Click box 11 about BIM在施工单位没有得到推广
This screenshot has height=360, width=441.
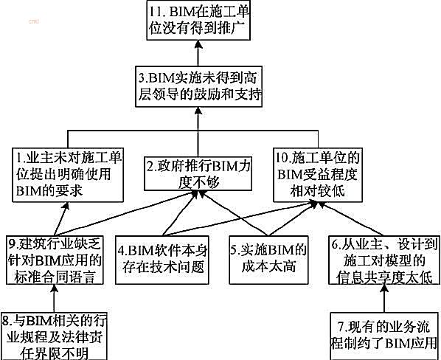click(x=198, y=20)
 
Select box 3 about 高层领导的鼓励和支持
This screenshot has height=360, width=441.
click(x=199, y=86)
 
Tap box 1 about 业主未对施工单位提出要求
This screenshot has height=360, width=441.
click(x=68, y=175)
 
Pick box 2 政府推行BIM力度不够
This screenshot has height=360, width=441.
click(x=198, y=173)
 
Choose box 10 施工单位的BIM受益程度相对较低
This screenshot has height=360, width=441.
click(x=318, y=175)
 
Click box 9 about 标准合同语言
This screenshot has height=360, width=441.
click(x=55, y=260)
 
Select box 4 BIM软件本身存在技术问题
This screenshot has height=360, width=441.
click(x=162, y=260)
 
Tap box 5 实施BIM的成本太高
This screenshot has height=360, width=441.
click(x=268, y=260)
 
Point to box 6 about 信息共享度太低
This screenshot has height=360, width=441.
click(x=384, y=260)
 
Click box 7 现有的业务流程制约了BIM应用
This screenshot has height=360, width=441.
click(x=385, y=336)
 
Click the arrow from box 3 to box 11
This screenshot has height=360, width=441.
click(x=198, y=53)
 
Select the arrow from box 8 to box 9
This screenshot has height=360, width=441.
click(x=54, y=298)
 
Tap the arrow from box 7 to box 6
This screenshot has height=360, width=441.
click(x=384, y=298)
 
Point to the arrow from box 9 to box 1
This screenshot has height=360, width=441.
click(x=61, y=219)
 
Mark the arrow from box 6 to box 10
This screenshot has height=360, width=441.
click(x=350, y=219)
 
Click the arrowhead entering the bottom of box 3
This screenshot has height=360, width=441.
click(x=198, y=111)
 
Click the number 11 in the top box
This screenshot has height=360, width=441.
click(x=155, y=12)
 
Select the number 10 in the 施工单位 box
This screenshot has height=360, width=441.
click(x=282, y=158)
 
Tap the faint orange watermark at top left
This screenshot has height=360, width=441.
click(x=34, y=21)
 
